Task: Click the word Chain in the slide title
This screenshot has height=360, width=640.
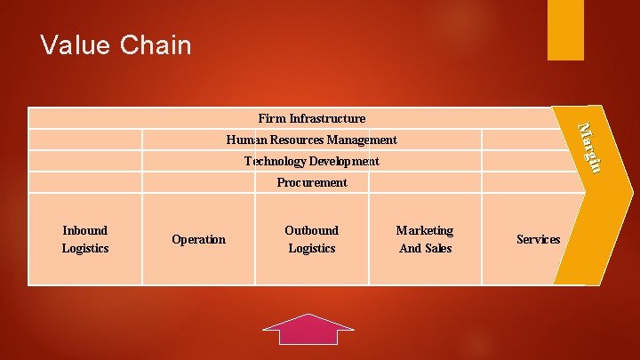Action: pos(158,44)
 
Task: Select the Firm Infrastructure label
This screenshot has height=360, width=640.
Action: pos(311,118)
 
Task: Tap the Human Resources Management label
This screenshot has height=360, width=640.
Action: pos(311,140)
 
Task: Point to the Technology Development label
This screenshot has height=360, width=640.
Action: pos(311,161)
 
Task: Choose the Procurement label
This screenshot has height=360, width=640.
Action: pos(311,182)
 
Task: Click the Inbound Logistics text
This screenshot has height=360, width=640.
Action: pos(85,239)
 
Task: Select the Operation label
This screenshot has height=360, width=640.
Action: pos(198,239)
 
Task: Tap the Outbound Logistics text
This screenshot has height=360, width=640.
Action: pos(311,239)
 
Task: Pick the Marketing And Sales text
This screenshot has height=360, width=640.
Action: pos(425,239)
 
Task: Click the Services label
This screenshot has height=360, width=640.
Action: pos(538,239)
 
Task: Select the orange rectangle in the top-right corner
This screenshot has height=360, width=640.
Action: pos(565,29)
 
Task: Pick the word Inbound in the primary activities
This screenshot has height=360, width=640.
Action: pos(85,230)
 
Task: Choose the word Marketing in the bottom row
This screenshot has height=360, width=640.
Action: pos(425,230)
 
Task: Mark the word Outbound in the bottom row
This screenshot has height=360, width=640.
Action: pos(311,230)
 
